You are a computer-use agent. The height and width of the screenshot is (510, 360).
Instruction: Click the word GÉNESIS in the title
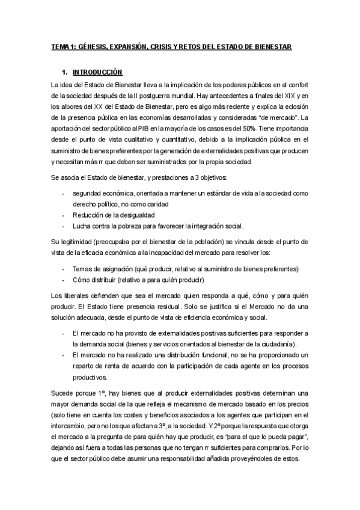pyautogui.click(x=94, y=47)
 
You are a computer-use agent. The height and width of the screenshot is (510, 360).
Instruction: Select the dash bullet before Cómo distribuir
pyautogui.click(x=64, y=280)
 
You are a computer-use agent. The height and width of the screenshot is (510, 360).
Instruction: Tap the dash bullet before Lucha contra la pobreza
pyautogui.click(x=64, y=226)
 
